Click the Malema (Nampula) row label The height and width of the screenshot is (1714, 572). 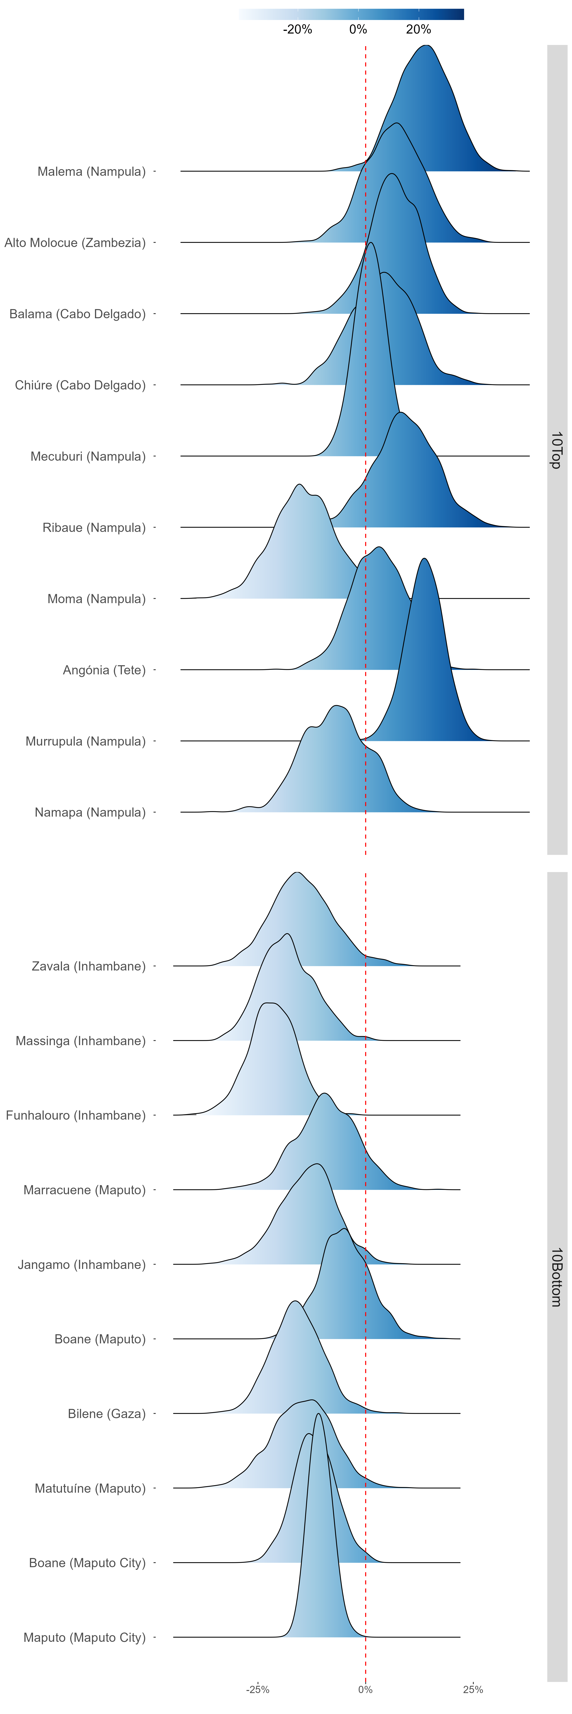tap(91, 172)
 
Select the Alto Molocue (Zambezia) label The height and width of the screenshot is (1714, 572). tap(75, 243)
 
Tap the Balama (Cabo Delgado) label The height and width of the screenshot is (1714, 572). tap(77, 314)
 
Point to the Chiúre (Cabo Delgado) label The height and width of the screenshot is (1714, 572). tap(80, 385)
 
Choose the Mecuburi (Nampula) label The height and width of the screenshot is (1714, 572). tap(88, 456)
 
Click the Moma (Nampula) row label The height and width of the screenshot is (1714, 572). tap(96, 599)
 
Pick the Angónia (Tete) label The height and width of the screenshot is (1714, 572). tap(104, 670)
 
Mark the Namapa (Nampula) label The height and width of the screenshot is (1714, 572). tap(90, 812)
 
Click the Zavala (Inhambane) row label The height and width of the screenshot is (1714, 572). tap(88, 966)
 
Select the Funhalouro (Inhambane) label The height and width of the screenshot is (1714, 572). tap(75, 1115)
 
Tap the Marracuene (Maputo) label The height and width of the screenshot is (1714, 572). tap(85, 1190)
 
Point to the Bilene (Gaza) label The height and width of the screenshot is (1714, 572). tap(107, 1413)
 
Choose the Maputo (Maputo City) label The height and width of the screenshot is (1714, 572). tap(85, 1637)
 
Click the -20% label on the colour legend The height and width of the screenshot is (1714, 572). tap(298, 29)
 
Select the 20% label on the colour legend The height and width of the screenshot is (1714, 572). tap(418, 29)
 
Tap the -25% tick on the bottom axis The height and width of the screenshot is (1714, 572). tap(258, 1689)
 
